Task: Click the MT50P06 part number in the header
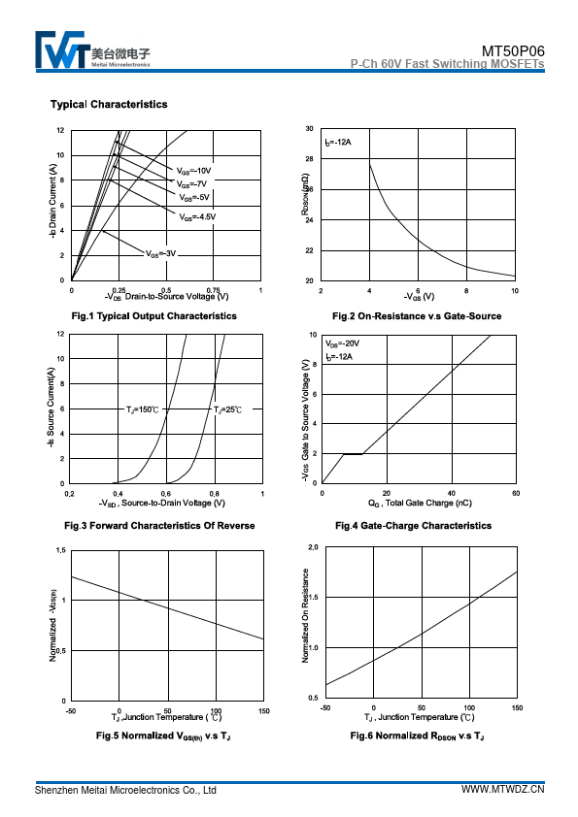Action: (x=513, y=51)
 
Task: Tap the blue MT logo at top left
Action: (x=60, y=49)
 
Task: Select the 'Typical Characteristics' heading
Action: (x=109, y=104)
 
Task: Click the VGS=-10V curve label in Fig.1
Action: (x=193, y=171)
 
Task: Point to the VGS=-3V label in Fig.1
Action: (x=160, y=254)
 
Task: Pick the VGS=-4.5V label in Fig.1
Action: (x=197, y=216)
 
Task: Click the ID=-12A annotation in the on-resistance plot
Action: (x=337, y=143)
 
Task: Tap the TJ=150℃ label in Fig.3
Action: (x=142, y=410)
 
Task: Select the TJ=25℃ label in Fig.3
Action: (x=228, y=410)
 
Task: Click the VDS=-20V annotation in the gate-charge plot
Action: (x=342, y=343)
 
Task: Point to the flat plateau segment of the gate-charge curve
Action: (x=353, y=454)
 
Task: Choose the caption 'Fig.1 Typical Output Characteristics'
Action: (x=153, y=316)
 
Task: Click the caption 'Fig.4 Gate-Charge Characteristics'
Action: (x=413, y=526)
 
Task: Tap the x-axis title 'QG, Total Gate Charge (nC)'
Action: (x=420, y=503)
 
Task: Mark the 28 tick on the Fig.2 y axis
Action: (x=310, y=159)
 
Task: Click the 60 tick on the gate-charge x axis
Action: (x=516, y=493)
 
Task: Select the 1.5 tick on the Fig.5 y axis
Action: (x=61, y=550)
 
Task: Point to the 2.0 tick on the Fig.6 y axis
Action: (x=313, y=547)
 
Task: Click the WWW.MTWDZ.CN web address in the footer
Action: (x=503, y=789)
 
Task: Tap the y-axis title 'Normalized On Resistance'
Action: (x=305, y=615)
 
